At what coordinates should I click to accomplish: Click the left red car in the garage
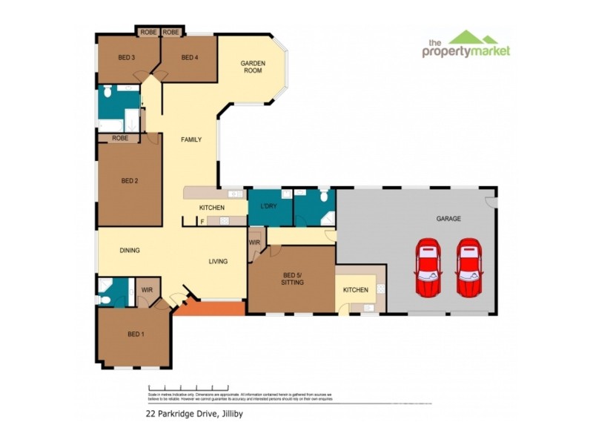point(428,268)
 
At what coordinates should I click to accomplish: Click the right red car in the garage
point(468,268)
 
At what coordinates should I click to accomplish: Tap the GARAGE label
point(448,219)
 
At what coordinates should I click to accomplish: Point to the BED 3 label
point(126,58)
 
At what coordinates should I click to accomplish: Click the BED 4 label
point(189,58)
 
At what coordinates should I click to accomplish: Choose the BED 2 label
point(129,179)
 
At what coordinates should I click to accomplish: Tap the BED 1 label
point(135,334)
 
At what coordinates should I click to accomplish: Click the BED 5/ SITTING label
point(293,279)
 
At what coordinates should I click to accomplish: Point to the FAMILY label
point(191,139)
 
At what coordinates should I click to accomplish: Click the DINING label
point(130,251)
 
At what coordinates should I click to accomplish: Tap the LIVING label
point(218,261)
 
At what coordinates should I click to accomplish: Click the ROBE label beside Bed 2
point(120,138)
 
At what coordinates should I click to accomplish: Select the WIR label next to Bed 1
point(146,290)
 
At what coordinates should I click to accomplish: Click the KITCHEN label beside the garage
point(355,289)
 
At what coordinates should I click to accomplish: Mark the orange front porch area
point(215,308)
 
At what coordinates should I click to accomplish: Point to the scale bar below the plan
point(188,387)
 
